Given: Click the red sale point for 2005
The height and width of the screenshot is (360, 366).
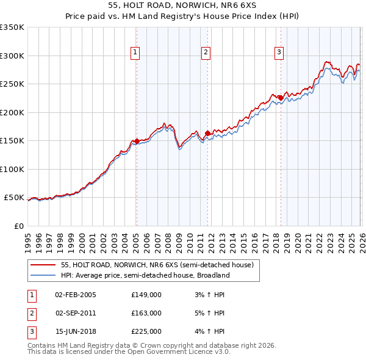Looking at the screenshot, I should click(136, 141).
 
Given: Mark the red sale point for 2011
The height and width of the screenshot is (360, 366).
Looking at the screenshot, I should click(207, 133).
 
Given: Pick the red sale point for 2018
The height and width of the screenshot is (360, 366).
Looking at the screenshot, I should click(280, 98).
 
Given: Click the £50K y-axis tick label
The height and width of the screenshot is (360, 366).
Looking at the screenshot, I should click(14, 198).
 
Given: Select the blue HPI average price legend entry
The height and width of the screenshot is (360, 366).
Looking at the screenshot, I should click(145, 275).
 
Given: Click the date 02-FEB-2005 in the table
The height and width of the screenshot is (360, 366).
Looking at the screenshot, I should click(75, 295).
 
